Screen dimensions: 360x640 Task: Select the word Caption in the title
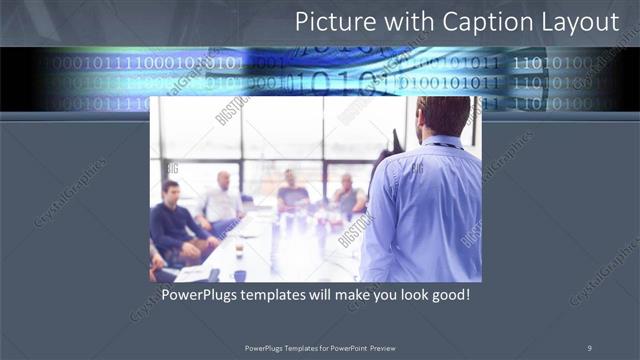click(479, 22)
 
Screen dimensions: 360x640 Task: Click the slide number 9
click(589, 347)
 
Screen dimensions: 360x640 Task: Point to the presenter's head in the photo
click(444, 115)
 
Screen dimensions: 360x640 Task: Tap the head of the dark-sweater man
click(171, 191)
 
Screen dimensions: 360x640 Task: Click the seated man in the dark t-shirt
click(293, 190)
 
